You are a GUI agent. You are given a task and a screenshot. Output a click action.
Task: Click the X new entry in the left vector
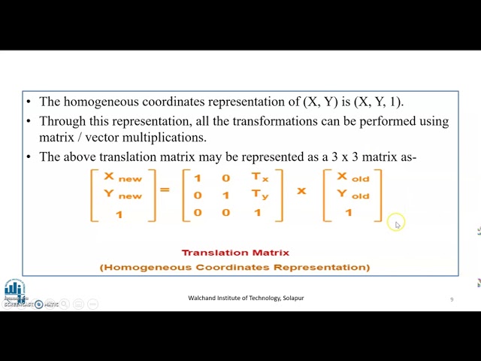123,177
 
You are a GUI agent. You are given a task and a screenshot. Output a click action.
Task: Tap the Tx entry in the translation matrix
259,177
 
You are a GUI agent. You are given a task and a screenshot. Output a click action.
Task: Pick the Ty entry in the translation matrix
259,195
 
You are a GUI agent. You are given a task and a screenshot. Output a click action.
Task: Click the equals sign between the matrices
165,190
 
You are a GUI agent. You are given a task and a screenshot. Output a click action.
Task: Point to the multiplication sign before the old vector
301,191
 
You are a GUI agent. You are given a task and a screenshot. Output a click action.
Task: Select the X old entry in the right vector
352,177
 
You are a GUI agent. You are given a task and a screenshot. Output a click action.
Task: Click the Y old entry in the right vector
352,195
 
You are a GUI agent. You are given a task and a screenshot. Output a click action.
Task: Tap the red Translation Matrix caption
235,253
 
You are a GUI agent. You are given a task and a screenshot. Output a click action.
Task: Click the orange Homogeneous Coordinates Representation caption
234,267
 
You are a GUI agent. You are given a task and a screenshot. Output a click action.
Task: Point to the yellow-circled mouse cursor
397,223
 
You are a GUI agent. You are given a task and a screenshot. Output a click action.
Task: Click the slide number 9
452,299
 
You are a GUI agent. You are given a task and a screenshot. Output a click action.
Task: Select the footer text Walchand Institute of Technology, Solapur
246,298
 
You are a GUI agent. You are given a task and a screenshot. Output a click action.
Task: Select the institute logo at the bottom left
14,289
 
